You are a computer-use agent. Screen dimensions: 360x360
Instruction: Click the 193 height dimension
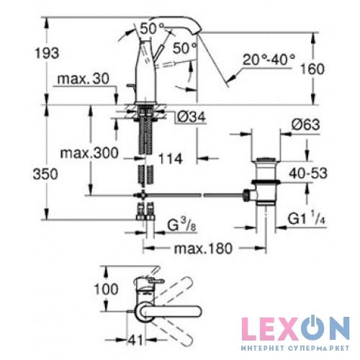tap(47, 53)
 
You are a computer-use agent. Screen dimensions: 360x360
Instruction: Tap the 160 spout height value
tap(312, 69)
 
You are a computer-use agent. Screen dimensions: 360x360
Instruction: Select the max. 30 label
tap(84, 78)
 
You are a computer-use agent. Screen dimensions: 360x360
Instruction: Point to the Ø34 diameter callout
tap(192, 117)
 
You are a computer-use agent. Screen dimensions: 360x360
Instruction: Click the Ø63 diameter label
tap(306, 125)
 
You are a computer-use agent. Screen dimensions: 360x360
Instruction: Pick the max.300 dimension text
tap(89, 153)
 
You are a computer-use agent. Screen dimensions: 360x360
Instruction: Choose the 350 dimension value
tap(45, 174)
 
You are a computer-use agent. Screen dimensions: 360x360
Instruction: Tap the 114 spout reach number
tap(171, 159)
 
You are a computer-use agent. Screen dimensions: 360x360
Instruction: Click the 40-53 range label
tap(308, 174)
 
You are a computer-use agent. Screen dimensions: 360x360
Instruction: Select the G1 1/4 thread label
tap(307, 217)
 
